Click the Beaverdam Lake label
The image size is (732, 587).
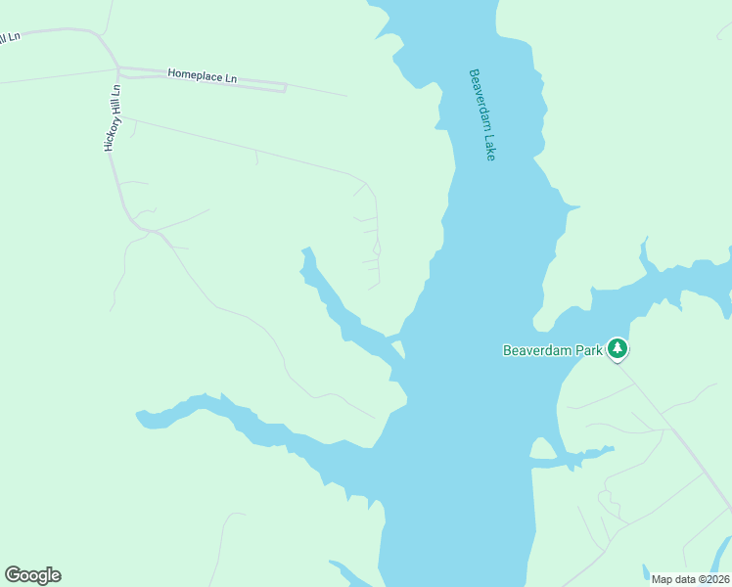click(x=482, y=114)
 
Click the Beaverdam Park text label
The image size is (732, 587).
click(x=553, y=349)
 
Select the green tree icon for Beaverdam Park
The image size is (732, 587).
click(x=617, y=348)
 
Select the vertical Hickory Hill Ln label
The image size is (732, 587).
click(x=112, y=117)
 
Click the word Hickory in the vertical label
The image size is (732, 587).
click(x=112, y=133)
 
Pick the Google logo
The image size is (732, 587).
click(x=32, y=575)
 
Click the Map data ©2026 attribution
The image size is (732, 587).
click(x=690, y=579)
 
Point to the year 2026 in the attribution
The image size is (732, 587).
click(x=715, y=579)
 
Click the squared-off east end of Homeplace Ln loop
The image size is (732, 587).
click(x=284, y=88)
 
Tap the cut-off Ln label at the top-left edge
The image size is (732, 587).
click(x=12, y=37)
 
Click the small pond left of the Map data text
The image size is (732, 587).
click(x=645, y=570)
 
